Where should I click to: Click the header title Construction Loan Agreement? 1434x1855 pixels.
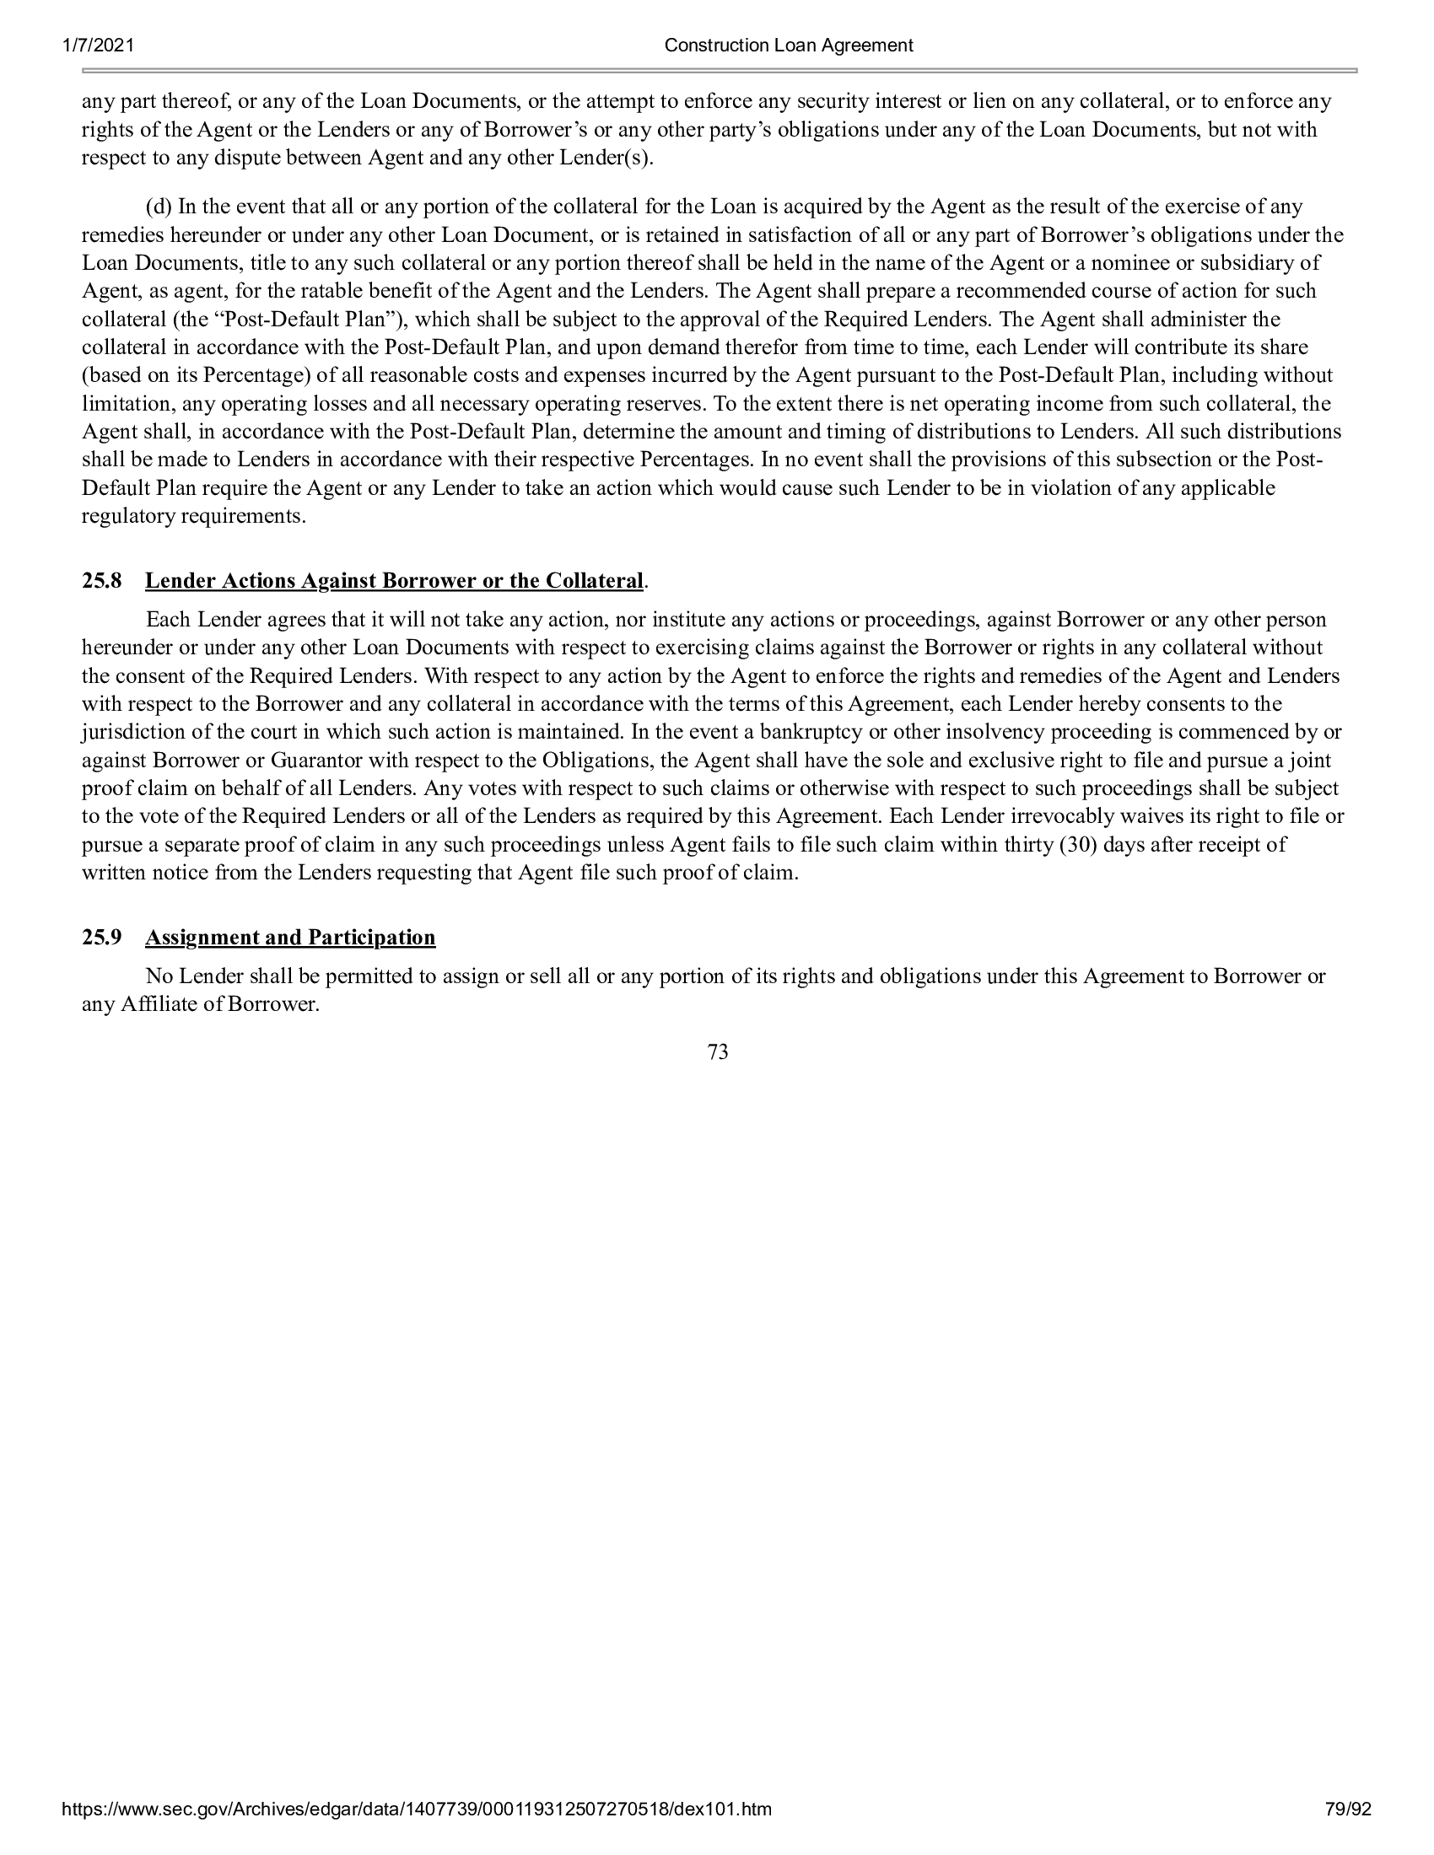[x=789, y=46]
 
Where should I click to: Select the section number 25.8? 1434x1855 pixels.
[x=101, y=581]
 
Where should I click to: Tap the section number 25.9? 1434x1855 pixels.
[x=101, y=938]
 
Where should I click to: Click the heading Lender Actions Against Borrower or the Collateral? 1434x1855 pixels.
[x=394, y=581]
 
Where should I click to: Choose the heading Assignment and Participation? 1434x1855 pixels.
[x=290, y=938]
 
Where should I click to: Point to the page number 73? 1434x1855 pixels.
[x=717, y=1052]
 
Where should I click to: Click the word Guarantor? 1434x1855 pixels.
[x=319, y=761]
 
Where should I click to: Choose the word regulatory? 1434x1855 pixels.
[x=127, y=516]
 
